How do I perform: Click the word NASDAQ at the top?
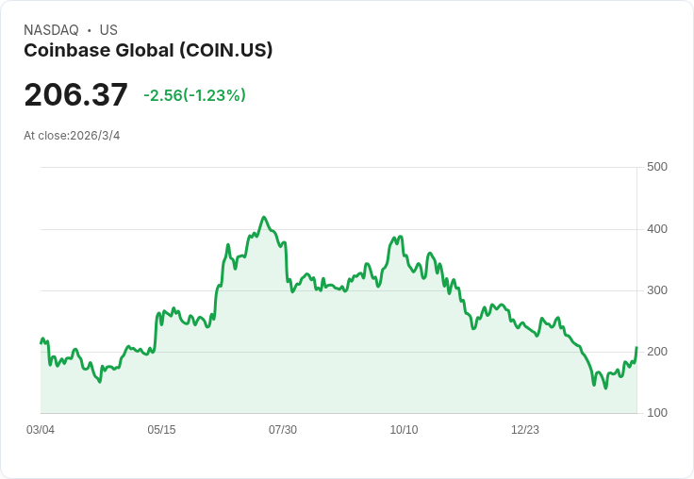[51, 30]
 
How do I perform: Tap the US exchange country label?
[108, 30]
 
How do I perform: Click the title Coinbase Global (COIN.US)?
[148, 51]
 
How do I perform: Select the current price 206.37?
[75, 94]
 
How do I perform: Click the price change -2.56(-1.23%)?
[194, 95]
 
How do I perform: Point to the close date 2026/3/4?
[95, 136]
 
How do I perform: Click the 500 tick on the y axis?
[656, 167]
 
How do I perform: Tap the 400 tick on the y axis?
[656, 229]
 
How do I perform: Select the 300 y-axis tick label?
[656, 290]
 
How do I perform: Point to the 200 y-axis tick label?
[656, 352]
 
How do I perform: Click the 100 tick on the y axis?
[656, 413]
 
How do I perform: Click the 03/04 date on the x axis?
[41, 430]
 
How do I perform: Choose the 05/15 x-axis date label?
[161, 430]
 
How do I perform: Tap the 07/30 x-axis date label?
[283, 430]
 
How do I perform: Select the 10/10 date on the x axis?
[404, 430]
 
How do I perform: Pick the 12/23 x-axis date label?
[525, 430]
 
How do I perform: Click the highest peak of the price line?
[264, 217]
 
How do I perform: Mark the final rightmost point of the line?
[636, 348]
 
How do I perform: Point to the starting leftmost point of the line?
[41, 342]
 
